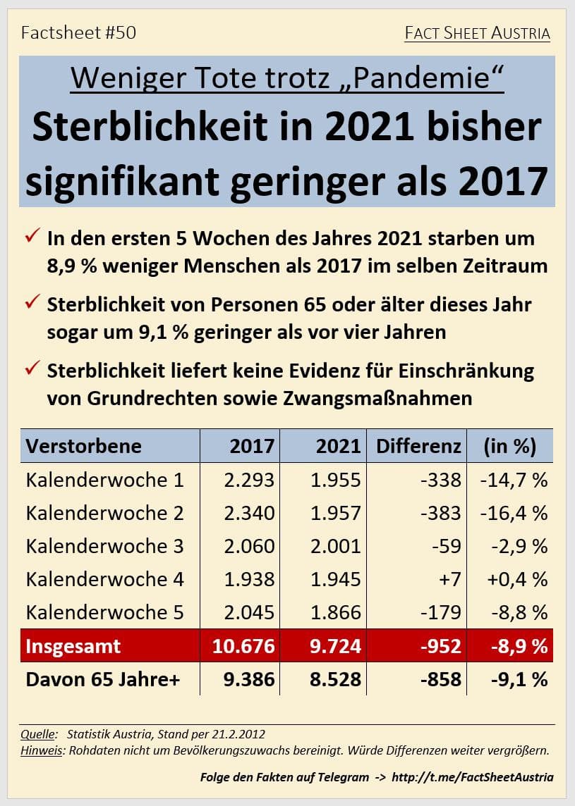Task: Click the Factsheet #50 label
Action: coord(78,32)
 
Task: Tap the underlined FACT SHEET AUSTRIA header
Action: coord(477,33)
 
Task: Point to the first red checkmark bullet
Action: coord(32,237)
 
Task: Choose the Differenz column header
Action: coord(418,446)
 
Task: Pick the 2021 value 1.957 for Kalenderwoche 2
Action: coord(336,513)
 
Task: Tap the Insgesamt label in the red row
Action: coord(73,646)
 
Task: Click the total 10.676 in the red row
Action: coord(243,646)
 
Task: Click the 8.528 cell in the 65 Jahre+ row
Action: coord(336,679)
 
